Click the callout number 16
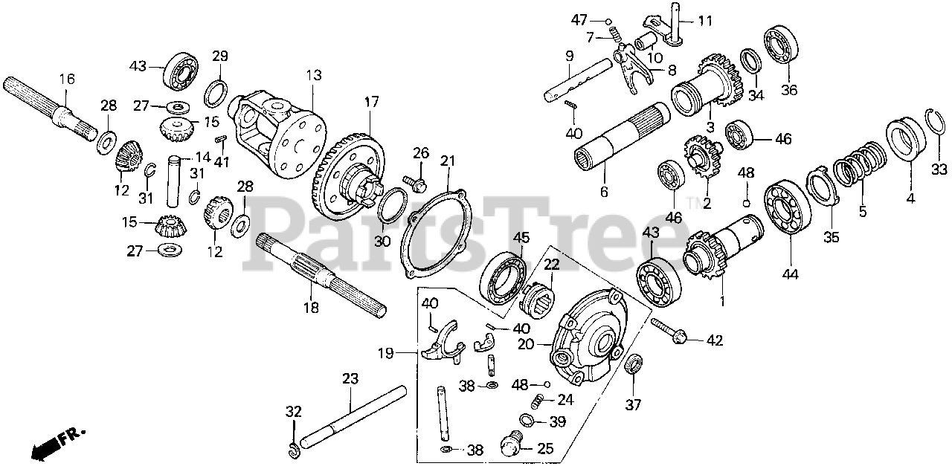click(x=67, y=78)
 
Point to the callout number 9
click(x=570, y=55)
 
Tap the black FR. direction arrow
click(x=46, y=446)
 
